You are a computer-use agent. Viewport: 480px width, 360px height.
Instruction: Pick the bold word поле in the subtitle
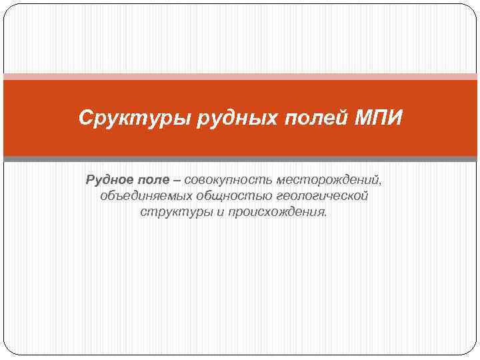pos(154,181)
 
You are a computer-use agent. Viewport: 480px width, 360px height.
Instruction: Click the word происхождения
pos(276,213)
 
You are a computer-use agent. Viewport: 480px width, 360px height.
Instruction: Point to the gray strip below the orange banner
pos(240,159)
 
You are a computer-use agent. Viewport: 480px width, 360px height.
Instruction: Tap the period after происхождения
pos(327,215)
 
